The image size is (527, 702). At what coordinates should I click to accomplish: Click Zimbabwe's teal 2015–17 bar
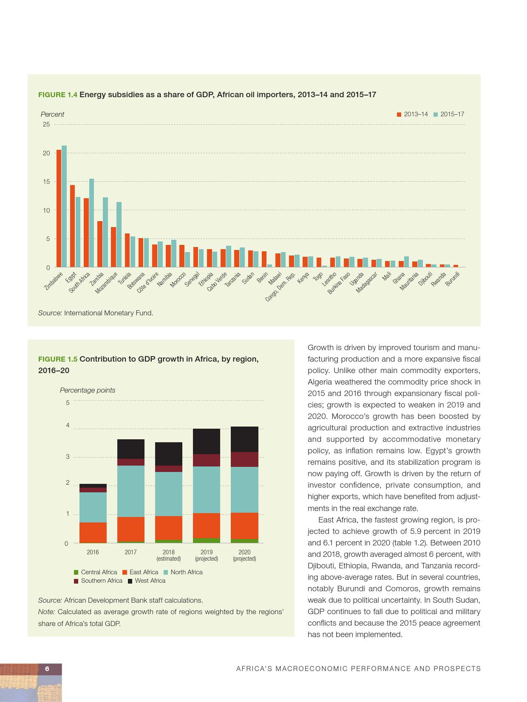(64, 206)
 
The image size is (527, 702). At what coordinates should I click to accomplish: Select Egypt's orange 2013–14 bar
(72, 226)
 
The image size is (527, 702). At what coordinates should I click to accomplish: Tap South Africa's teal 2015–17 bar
(91, 223)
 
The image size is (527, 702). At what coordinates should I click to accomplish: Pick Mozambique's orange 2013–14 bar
(113, 247)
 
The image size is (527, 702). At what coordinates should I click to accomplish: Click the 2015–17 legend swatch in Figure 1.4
(436, 115)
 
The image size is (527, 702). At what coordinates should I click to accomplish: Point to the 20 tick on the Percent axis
(46, 153)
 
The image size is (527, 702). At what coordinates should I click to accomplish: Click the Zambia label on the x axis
(97, 280)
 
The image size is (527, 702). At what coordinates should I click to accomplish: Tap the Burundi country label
(453, 279)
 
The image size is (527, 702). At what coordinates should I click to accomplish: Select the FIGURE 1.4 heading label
(58, 95)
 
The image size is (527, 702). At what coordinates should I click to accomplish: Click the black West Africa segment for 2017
(130, 449)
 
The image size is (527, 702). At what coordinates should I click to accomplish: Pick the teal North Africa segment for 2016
(93, 507)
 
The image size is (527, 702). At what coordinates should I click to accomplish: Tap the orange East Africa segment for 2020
(244, 526)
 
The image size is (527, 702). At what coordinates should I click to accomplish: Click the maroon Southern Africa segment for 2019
(207, 460)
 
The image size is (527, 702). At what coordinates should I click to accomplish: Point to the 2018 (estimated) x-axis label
(168, 555)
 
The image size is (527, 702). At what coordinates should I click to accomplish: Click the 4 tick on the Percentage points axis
(67, 425)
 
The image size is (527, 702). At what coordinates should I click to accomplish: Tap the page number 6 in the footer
(47, 669)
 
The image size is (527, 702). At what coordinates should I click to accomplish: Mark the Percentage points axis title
(88, 390)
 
